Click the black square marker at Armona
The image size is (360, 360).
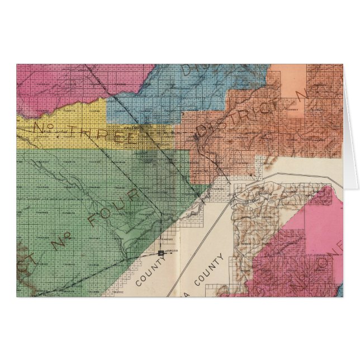162,253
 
